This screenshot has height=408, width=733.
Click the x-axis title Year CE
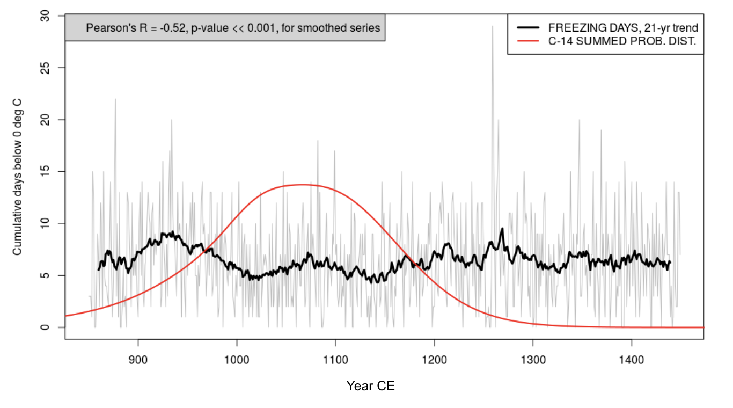point(370,386)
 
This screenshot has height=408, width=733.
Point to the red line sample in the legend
point(528,42)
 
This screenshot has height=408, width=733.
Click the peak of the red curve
point(303,185)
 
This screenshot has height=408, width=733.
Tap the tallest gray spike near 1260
point(492,26)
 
